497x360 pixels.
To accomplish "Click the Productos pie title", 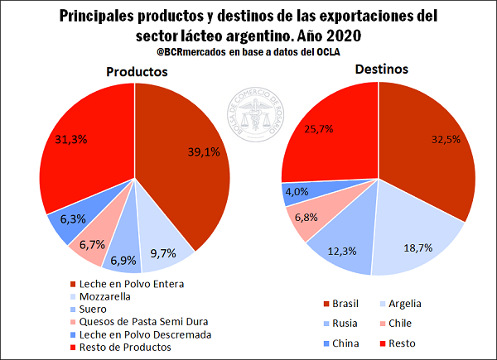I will tap(137, 72).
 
